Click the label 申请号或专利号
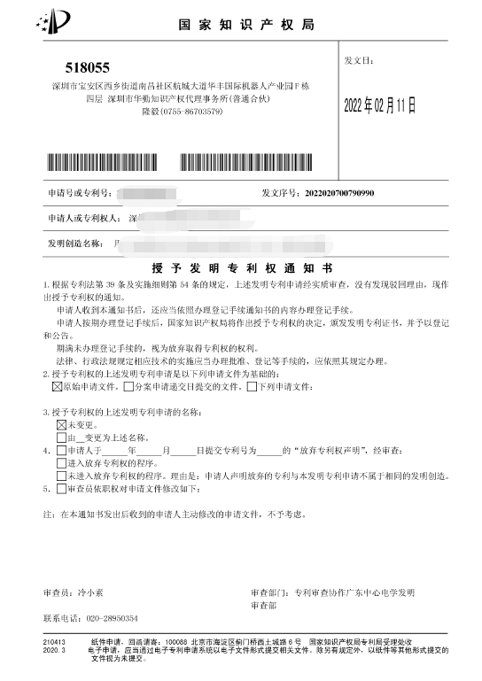(78, 192)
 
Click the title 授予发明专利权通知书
(241, 266)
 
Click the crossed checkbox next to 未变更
(61, 425)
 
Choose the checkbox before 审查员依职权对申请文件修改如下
(61, 488)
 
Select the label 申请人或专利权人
(78, 217)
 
